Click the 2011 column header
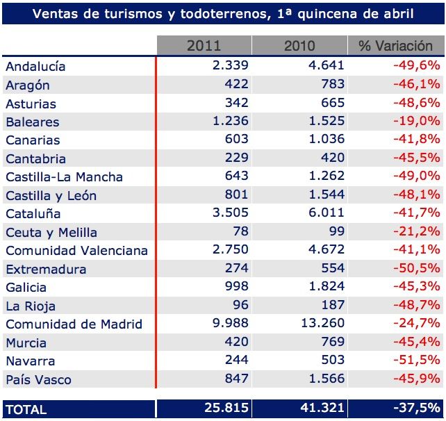[204, 46]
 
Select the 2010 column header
[299, 46]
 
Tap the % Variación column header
[395, 46]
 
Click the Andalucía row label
[35, 67]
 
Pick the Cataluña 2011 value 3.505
[228, 213]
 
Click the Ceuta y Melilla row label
[51, 232]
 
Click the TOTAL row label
[26, 409]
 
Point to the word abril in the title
[396, 13]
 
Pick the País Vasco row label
[38, 379]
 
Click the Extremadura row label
[46, 269]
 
